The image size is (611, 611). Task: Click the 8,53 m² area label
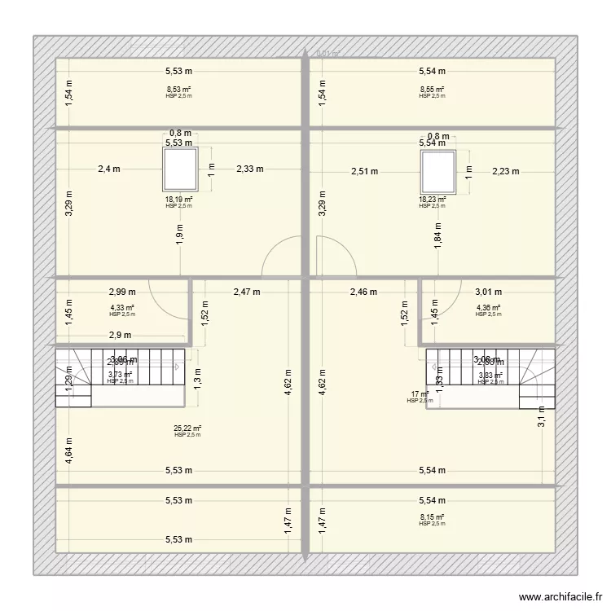tap(178, 90)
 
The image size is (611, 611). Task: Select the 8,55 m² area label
tap(432, 90)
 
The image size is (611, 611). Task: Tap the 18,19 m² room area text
tap(178, 200)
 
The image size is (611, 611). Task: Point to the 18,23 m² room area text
tap(432, 200)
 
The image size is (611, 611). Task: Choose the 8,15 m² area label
tap(432, 517)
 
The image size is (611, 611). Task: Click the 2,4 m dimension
tap(109, 169)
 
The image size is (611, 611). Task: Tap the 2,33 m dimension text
tap(250, 169)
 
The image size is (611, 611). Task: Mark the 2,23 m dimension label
tap(505, 171)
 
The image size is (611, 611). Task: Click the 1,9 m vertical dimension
tap(179, 233)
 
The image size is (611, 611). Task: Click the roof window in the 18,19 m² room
tap(178, 169)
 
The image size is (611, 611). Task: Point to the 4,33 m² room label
tap(122, 308)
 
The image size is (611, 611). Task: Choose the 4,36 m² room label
tap(487, 308)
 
